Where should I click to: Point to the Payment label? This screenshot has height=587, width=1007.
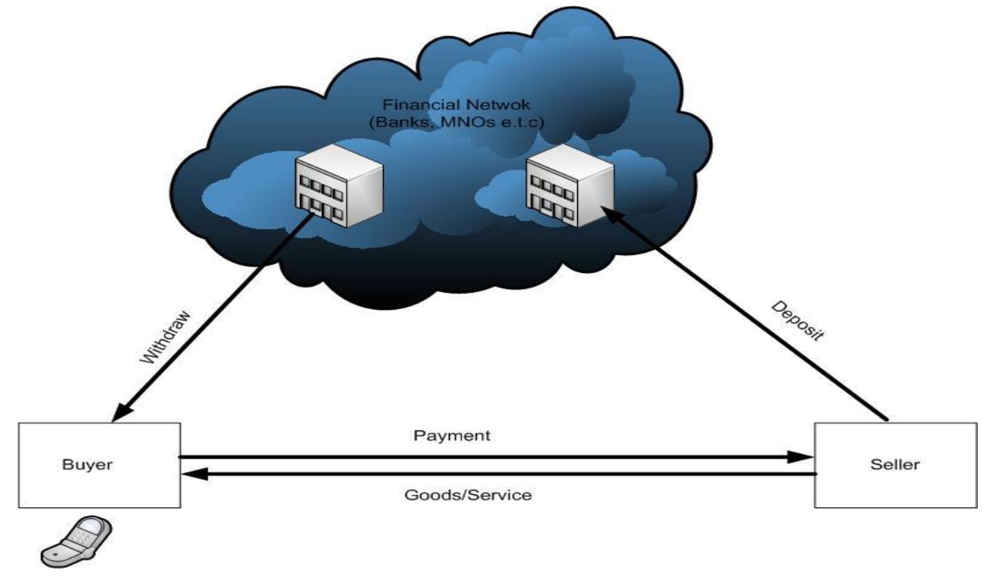click(x=451, y=435)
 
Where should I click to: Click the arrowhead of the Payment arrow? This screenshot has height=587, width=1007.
click(x=805, y=457)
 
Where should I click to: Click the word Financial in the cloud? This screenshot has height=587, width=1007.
click(x=413, y=105)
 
